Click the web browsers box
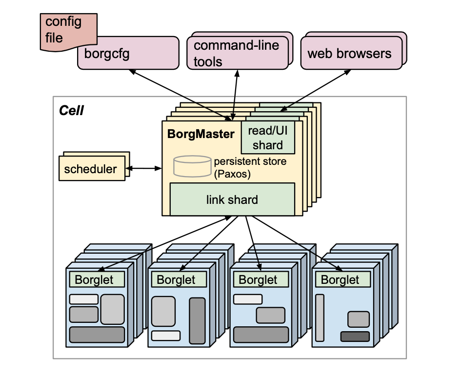349,53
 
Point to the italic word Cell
71,111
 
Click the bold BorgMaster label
201,134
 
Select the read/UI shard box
268,138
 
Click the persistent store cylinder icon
192,166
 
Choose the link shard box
232,199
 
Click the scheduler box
91,169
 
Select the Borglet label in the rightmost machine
340,280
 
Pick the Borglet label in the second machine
176,280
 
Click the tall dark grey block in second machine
198,320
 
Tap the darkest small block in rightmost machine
355,337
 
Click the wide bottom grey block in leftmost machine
97,335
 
